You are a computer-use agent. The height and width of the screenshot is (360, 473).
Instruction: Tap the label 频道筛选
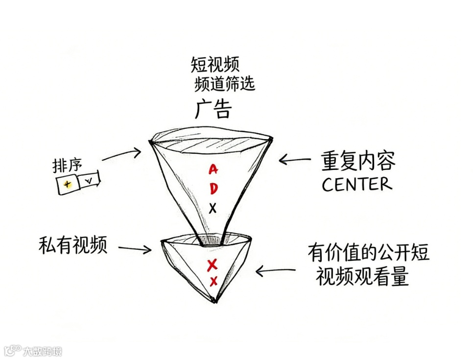tap(224, 84)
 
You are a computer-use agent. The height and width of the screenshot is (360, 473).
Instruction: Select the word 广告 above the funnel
tap(213, 109)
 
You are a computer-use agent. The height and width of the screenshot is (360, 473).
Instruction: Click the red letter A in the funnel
tap(213, 169)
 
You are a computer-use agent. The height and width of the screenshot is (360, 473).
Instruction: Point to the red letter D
tap(213, 188)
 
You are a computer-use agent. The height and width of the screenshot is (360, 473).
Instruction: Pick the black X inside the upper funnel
tap(213, 209)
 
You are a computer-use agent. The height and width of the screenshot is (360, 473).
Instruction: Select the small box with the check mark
tap(89, 181)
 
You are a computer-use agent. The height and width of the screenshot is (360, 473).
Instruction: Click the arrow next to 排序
tap(121, 155)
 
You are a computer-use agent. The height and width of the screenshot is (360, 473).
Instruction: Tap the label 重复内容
tap(358, 161)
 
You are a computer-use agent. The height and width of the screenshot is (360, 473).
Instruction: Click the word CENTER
tap(356, 184)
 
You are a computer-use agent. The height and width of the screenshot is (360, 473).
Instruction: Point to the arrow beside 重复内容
tap(295, 159)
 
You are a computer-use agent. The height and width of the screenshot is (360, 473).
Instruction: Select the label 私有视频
tap(73, 245)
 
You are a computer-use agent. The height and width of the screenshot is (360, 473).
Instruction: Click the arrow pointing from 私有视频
tap(134, 248)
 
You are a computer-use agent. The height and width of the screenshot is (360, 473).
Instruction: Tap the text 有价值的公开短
tap(368, 253)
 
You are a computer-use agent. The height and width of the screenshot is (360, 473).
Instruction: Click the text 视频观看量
tap(362, 277)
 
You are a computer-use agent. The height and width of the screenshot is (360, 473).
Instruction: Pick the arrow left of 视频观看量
tap(276, 270)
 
